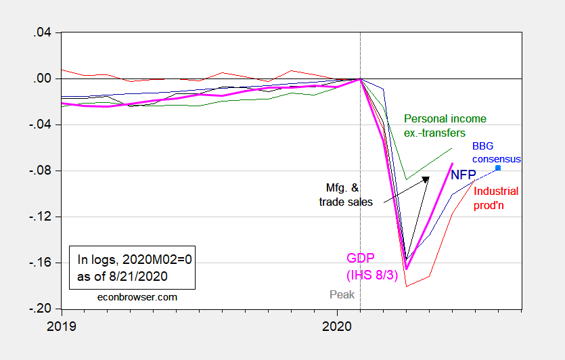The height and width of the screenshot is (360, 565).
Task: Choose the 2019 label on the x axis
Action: pos(62,325)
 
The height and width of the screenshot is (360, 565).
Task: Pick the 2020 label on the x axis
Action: pos(338,325)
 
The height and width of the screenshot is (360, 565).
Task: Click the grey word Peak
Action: pos(342,294)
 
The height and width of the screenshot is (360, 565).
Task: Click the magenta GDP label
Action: pos(361,258)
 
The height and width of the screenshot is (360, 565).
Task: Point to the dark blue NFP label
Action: pos(464,174)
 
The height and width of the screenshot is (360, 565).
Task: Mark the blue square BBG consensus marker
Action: pos(498,168)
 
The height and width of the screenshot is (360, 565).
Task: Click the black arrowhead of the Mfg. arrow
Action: pos(426,179)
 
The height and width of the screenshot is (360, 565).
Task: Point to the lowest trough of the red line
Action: pos(407,286)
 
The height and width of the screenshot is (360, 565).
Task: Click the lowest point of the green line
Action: pos(407,179)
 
